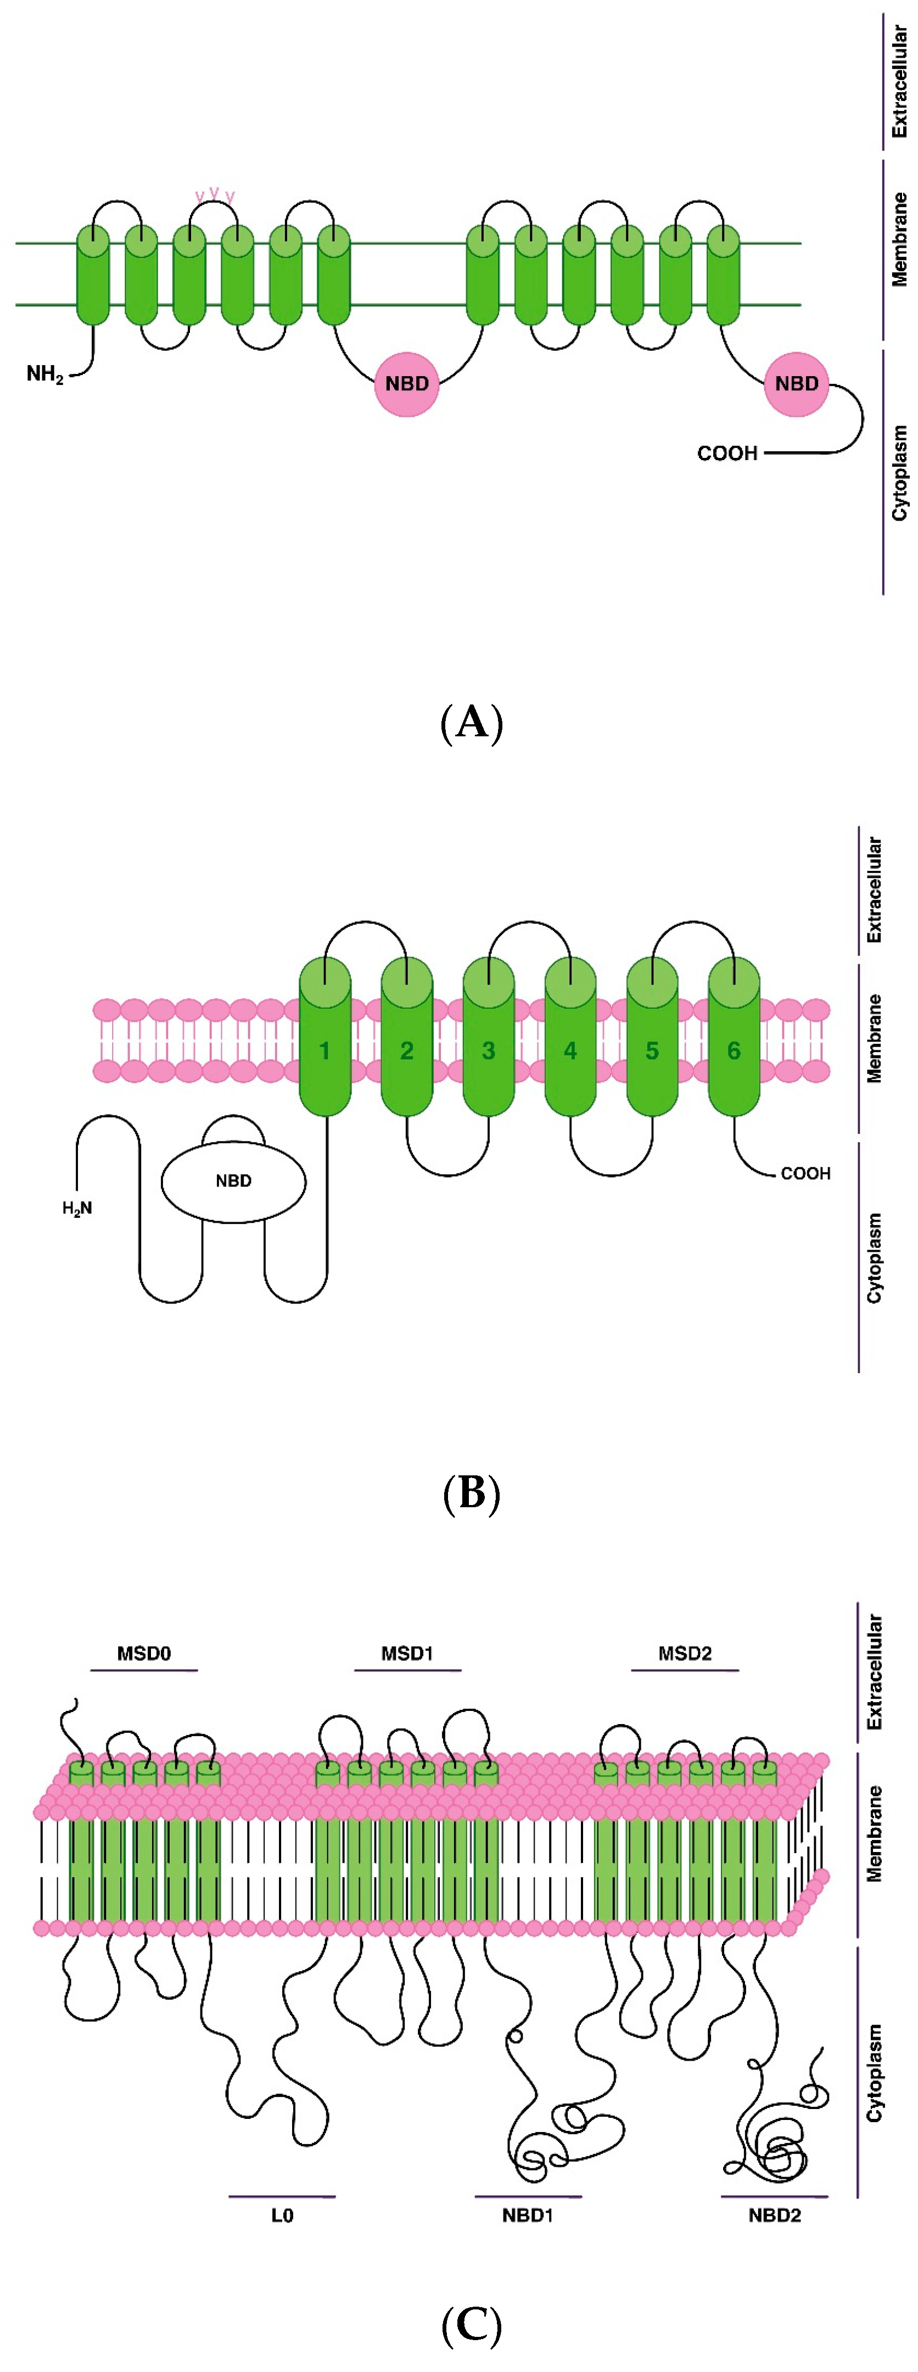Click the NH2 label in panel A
(x=44, y=374)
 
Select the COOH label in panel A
(x=726, y=453)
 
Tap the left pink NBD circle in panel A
(x=406, y=384)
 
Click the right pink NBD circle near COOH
(x=796, y=384)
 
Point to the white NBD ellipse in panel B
(x=233, y=1181)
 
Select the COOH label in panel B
(x=805, y=1173)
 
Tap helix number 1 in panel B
(x=324, y=1050)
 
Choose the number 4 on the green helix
(x=570, y=1050)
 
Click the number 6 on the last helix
(x=733, y=1050)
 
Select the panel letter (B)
(x=472, y=1492)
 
